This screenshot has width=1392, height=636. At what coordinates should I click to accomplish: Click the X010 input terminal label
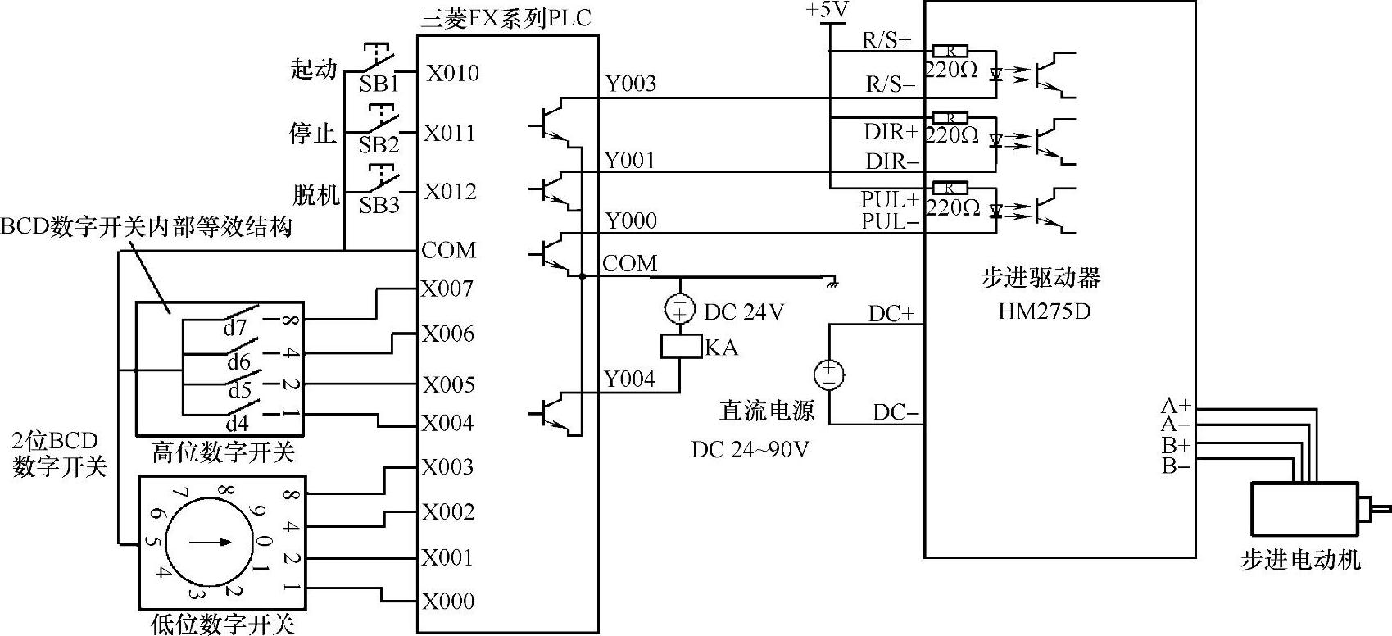[452, 73]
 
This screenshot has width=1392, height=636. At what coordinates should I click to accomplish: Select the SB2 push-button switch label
[379, 145]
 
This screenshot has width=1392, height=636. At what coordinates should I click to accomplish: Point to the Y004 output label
[629, 379]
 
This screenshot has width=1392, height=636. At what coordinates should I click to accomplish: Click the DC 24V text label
[744, 311]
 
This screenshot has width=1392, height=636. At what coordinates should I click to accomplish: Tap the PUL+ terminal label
[890, 199]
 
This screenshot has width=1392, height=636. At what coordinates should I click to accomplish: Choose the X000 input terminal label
[448, 601]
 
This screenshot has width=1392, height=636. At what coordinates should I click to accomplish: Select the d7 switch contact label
[235, 328]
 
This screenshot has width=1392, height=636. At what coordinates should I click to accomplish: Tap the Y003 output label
[630, 84]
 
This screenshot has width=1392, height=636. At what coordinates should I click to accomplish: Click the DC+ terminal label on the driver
[891, 314]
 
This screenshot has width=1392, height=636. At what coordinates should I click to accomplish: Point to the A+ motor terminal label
[1176, 405]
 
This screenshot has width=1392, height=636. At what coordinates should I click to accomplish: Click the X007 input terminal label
[447, 288]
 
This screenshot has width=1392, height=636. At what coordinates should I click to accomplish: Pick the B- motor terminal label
[1176, 466]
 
